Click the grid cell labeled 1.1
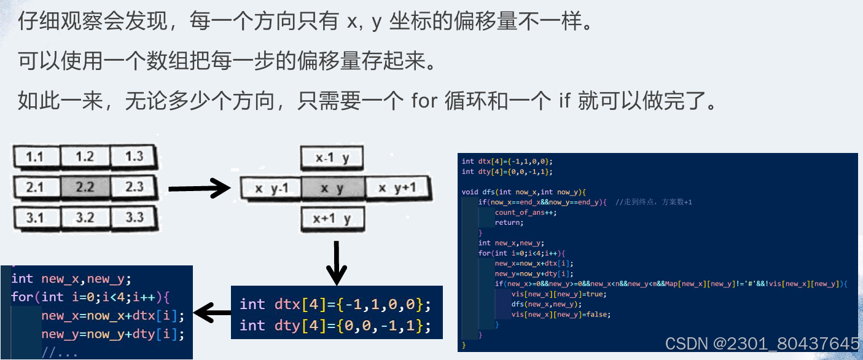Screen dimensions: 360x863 pos(34,157)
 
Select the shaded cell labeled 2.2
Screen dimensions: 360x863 pos(84,187)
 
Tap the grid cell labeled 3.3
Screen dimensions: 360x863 pos(134,217)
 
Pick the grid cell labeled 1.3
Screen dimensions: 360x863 pos(134,157)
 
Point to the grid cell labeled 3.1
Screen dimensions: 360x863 pos(34,217)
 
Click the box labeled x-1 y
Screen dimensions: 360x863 pos(332,158)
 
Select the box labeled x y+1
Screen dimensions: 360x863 pos(397,188)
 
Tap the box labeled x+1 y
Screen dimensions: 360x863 pos(332,218)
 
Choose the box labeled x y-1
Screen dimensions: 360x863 pos(271,188)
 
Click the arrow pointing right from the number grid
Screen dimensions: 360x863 pos(198,188)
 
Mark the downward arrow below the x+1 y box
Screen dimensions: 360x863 pos(336,263)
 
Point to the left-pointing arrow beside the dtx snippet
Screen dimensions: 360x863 pos(212,313)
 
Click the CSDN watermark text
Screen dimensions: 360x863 pos(762,343)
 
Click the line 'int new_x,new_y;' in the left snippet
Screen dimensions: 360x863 pos(71,279)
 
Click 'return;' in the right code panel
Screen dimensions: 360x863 pos(509,222)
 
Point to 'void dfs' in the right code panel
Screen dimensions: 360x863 pos(477,192)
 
